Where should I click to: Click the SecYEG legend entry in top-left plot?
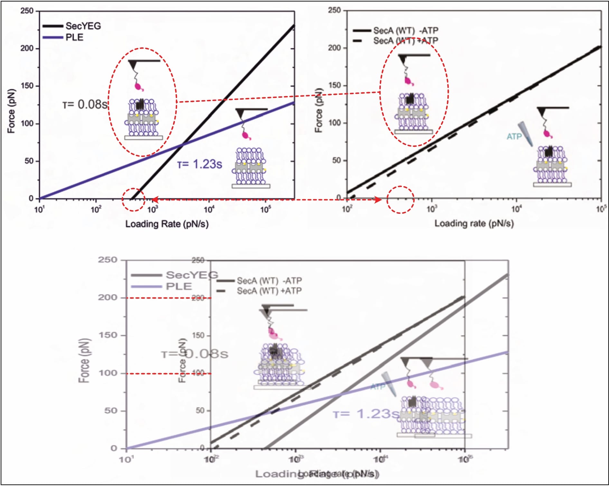click(x=83, y=26)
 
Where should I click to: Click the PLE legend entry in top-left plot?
click(x=74, y=37)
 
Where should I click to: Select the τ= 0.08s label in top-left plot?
click(x=85, y=104)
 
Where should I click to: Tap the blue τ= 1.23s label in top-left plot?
click(x=200, y=164)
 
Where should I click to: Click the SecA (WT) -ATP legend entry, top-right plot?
click(x=406, y=31)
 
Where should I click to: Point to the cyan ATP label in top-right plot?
click(x=514, y=137)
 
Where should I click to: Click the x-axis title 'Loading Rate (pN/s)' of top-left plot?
click(x=167, y=224)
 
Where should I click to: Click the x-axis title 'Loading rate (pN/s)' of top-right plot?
click(x=474, y=223)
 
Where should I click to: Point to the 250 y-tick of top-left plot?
click(x=27, y=11)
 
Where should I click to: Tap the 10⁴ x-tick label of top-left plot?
click(x=209, y=210)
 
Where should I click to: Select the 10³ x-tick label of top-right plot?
click(x=431, y=209)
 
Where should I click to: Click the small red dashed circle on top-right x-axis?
click(x=400, y=199)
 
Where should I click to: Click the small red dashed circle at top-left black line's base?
click(x=134, y=200)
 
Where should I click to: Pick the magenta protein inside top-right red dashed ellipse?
click(x=409, y=80)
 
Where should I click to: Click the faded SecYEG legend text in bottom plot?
click(x=192, y=275)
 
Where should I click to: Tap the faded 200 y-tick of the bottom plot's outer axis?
click(x=108, y=297)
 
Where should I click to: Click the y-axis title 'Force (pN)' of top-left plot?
click(x=11, y=111)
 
